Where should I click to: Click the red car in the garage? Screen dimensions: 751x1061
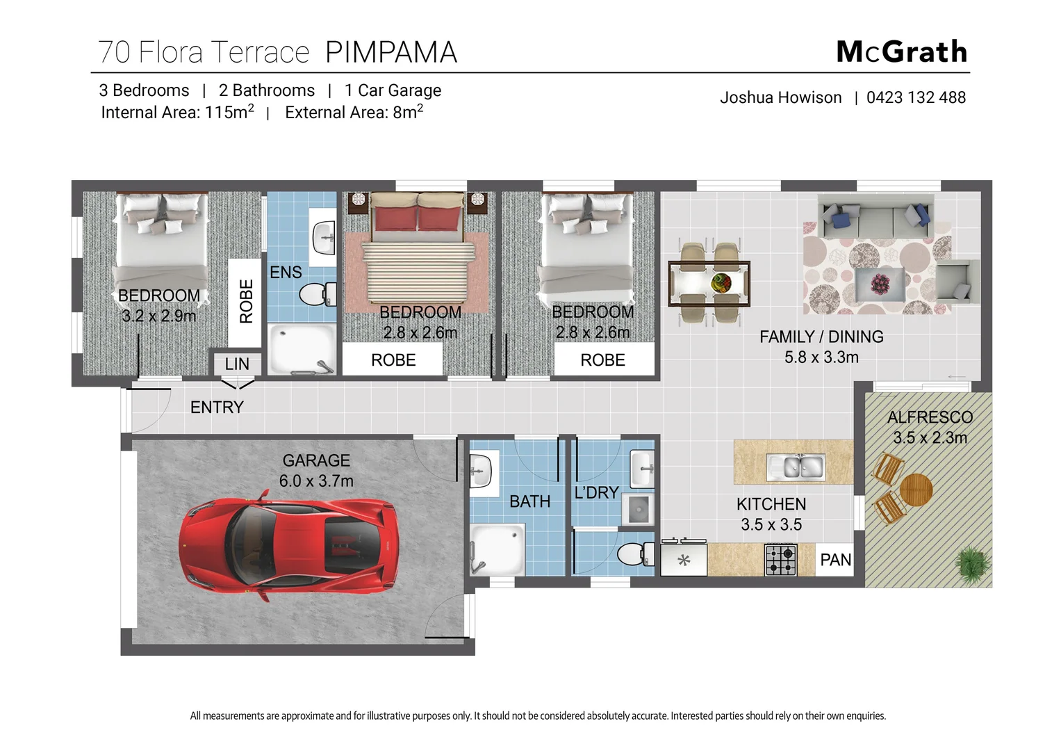[x=288, y=541]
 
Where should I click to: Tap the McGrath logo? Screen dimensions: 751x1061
[x=901, y=52]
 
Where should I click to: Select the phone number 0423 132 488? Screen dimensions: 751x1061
[x=916, y=97]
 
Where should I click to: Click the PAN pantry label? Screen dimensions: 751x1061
[x=835, y=560]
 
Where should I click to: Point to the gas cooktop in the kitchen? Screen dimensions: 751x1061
[x=781, y=560]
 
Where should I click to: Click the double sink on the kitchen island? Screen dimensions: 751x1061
[x=794, y=467]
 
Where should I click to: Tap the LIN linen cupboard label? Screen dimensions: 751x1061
[x=237, y=364]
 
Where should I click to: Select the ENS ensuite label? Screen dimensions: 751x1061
[x=286, y=272]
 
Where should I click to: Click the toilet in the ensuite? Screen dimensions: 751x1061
[x=318, y=294]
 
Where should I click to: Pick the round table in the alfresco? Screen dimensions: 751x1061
[x=915, y=490]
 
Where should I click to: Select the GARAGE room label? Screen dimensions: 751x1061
[x=316, y=460]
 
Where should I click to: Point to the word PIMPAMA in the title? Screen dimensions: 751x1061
[x=390, y=52]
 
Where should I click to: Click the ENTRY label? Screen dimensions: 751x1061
[x=217, y=407]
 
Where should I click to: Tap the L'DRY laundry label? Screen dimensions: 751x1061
[x=596, y=492]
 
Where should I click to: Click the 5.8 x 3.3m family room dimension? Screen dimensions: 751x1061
[x=821, y=357]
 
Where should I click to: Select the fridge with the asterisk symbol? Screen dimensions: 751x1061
[x=684, y=560]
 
